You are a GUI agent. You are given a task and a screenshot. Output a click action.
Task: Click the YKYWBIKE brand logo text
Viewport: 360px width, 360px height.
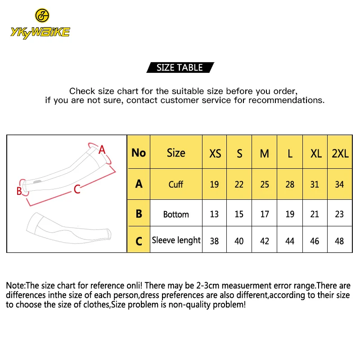click(40, 32)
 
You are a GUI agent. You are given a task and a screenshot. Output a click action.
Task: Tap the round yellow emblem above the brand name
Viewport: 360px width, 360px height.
click(42, 16)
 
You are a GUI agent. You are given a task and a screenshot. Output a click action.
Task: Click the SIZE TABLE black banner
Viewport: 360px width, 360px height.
click(180, 67)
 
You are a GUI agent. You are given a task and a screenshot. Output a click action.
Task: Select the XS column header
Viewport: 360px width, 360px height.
click(215, 153)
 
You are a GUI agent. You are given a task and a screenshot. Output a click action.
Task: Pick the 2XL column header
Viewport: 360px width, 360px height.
click(340, 153)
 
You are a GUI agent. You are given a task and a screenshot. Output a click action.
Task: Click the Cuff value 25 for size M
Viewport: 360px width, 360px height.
click(265, 184)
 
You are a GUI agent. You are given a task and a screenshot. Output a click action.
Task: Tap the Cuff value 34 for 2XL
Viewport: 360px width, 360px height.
click(339, 184)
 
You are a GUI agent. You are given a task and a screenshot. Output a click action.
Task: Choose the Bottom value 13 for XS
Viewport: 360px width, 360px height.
click(214, 214)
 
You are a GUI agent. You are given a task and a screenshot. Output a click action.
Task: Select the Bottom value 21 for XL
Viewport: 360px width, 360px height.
click(314, 214)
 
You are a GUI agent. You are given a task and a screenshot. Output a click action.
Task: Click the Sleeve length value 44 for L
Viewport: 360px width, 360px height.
click(290, 241)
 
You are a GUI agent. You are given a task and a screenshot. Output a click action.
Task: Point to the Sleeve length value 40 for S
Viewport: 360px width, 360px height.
click(239, 241)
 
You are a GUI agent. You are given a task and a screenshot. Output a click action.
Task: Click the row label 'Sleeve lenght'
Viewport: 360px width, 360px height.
click(176, 240)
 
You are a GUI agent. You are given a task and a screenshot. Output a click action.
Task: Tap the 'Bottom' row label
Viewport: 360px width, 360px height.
click(176, 215)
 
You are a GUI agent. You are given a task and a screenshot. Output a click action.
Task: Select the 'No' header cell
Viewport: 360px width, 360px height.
click(139, 153)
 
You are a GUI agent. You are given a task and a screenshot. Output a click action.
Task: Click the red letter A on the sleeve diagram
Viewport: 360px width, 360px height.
click(102, 150)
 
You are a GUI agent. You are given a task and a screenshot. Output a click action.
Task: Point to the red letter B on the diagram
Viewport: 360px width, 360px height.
click(19, 191)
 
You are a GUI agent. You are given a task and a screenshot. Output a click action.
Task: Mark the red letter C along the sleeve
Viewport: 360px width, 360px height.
click(77, 189)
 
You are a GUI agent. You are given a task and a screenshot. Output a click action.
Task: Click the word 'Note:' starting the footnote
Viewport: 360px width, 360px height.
click(16, 286)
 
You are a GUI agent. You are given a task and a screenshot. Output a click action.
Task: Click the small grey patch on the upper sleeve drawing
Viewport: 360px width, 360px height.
click(37, 182)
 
